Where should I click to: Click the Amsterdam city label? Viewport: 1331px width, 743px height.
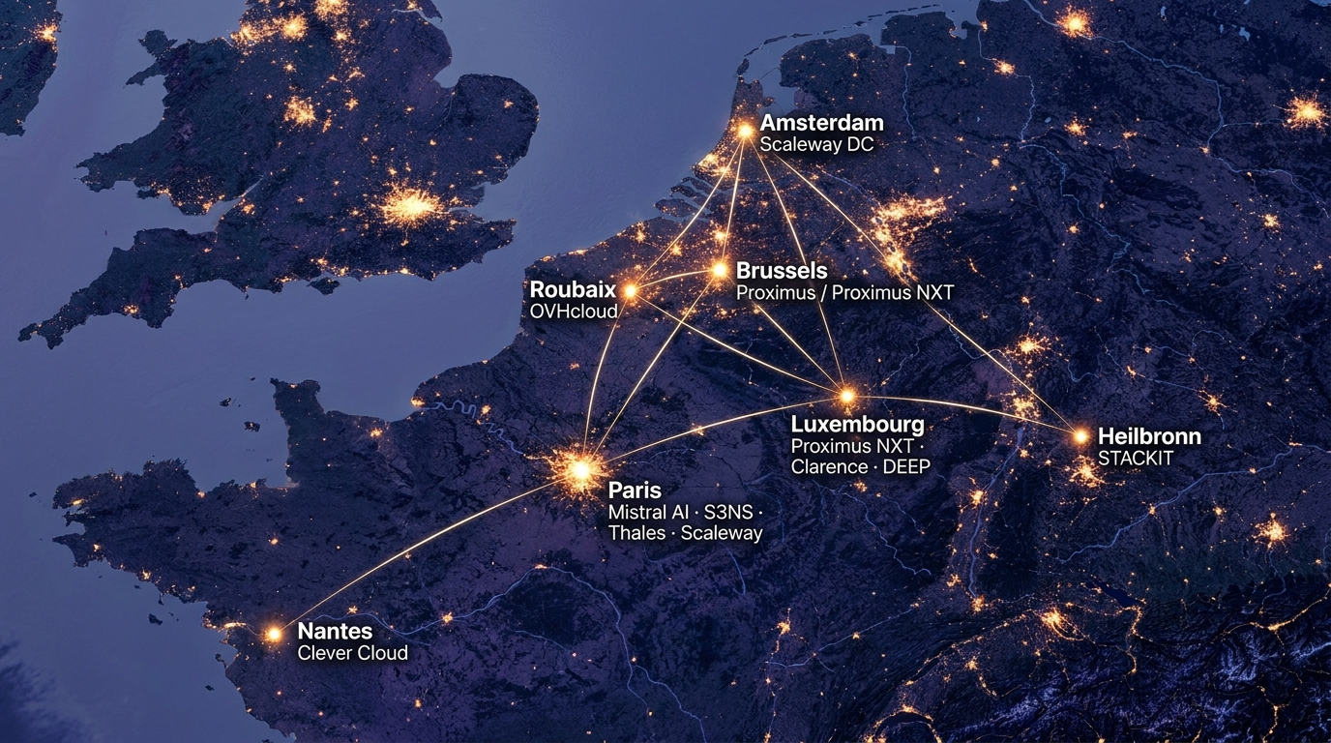[821, 124]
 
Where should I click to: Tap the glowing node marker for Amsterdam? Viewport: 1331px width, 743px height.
[745, 130]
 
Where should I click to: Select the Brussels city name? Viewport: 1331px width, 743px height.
[782, 270]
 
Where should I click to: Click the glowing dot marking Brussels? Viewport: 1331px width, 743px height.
[720, 270]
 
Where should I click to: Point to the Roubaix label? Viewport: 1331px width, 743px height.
[573, 289]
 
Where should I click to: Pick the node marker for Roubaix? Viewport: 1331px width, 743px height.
[630, 289]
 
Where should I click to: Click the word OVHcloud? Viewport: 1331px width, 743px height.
[575, 312]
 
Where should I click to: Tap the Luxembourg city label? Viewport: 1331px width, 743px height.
[857, 425]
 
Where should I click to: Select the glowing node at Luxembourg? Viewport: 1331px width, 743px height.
[847, 396]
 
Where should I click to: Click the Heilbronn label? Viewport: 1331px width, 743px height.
[1149, 436]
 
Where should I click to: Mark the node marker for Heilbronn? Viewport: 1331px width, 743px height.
[1080, 436]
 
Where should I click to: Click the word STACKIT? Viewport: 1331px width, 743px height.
[1136, 459]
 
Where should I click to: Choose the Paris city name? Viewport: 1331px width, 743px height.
[635, 490]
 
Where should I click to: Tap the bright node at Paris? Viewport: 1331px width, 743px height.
[580, 470]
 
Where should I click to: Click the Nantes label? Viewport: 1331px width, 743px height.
[335, 632]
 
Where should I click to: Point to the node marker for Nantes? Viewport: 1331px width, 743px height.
[274, 634]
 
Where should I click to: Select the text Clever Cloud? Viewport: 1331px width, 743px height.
[352, 653]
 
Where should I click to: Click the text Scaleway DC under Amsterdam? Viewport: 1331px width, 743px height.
[816, 145]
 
